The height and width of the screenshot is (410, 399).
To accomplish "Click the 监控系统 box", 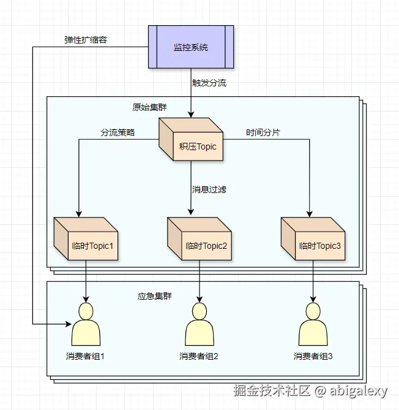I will click(x=191, y=47).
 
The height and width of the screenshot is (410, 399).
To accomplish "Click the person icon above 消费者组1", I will click(x=86, y=325).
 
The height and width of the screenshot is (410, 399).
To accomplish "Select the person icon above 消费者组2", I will click(x=199, y=325).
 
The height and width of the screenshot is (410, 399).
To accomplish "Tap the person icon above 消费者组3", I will click(x=313, y=325).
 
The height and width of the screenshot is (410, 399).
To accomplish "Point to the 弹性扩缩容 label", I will click(x=87, y=40).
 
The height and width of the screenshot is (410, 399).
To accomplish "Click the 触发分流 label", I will click(x=209, y=83).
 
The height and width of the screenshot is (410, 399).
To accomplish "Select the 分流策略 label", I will click(x=118, y=132).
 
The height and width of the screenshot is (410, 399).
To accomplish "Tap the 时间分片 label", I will click(x=263, y=132).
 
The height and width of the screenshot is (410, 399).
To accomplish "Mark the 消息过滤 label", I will click(x=209, y=189).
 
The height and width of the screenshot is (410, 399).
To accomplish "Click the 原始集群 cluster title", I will click(x=150, y=107).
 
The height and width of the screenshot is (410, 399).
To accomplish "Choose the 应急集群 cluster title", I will click(x=154, y=296).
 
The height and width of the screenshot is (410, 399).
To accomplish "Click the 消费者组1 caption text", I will click(x=86, y=356).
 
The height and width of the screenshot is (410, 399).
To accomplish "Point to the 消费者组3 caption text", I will click(x=313, y=356).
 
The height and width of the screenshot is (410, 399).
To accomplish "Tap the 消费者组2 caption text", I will click(x=199, y=356).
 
